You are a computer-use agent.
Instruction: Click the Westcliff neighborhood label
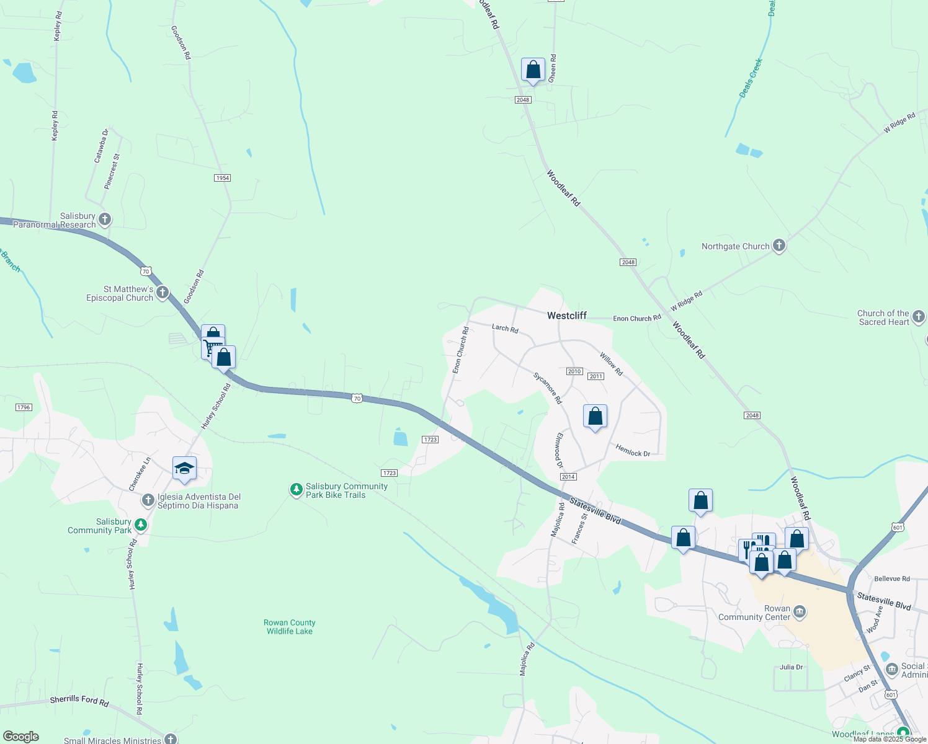(566, 316)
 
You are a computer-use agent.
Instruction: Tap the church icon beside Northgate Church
(779, 246)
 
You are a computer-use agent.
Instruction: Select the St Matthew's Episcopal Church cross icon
(163, 293)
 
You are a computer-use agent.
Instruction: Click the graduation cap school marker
(184, 469)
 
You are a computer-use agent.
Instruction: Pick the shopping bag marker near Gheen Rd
(533, 71)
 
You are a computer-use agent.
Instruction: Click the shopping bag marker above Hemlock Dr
(595, 417)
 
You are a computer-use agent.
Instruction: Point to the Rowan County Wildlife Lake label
(290, 627)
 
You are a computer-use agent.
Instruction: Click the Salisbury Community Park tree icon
(141, 525)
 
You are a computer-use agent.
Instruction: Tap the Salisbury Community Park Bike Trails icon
(297, 490)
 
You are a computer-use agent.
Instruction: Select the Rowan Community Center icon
(800, 613)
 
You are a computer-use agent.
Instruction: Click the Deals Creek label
(751, 78)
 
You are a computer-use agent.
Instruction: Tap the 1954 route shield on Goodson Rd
(222, 178)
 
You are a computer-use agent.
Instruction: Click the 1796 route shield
(24, 407)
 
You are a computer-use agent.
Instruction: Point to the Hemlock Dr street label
(633, 451)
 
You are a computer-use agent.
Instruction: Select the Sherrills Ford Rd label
(79, 701)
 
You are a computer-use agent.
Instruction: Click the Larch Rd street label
(505, 328)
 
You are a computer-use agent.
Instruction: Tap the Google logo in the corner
(21, 737)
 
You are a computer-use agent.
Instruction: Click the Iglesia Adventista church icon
(148, 500)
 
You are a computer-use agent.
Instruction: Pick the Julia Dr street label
(791, 667)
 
